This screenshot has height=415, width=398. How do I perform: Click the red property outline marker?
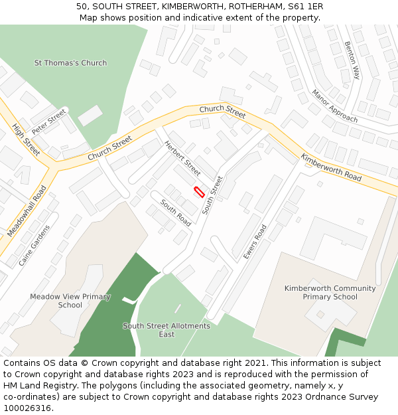pyautogui.click(x=198, y=192)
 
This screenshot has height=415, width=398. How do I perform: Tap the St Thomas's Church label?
pyautogui.click(x=70, y=63)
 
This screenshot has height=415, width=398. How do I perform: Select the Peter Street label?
pyautogui.click(x=49, y=122)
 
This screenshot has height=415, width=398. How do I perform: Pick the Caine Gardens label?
pyautogui.click(x=34, y=245)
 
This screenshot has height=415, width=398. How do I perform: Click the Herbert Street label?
pyautogui.click(x=182, y=158)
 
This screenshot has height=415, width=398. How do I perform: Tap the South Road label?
pyautogui.click(x=176, y=212)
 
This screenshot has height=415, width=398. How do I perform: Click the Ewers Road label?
pyautogui.click(x=255, y=242)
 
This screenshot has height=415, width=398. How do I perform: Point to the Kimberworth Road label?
pyautogui.click(x=331, y=168)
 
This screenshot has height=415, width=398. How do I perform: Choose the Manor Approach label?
pyautogui.click(x=335, y=106)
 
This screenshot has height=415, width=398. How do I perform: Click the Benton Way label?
pyautogui.click(x=352, y=60)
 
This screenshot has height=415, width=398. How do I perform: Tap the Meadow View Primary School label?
pyautogui.click(x=70, y=301)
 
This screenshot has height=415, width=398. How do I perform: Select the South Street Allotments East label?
pyautogui.click(x=166, y=330)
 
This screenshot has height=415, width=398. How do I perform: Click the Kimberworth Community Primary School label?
pyautogui.click(x=330, y=293)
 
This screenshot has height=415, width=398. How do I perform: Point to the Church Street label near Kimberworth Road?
pyautogui.click(x=222, y=108)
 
